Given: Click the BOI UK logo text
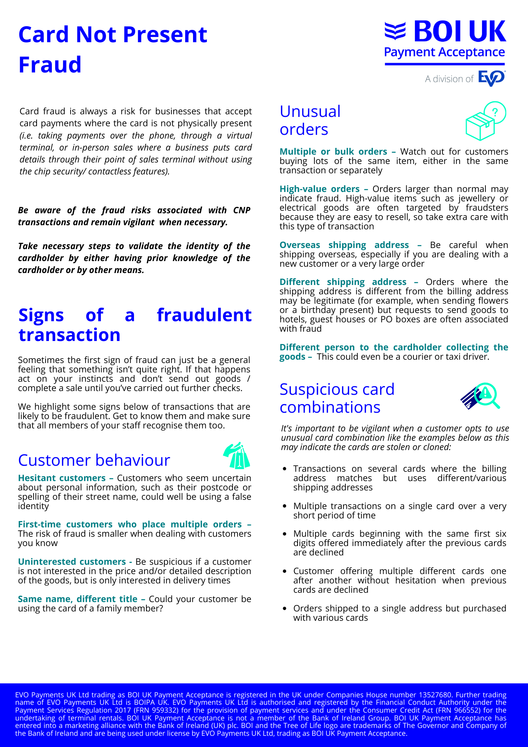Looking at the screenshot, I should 460,32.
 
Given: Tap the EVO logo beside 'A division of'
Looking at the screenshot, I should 492,78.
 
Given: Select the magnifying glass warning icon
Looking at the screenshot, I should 481,396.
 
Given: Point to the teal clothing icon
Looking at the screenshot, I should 237,456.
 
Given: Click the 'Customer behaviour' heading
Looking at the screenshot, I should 94,460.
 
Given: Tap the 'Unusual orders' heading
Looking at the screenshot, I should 310,120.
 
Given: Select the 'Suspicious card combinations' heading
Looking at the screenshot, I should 337,398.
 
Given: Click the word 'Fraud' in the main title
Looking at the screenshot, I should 50,65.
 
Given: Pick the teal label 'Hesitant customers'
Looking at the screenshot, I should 62,478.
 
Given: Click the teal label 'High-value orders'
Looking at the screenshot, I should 320,189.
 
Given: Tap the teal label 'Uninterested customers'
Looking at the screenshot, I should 72,562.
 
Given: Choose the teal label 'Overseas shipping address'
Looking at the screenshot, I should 344,245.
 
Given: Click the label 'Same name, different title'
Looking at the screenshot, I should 78,599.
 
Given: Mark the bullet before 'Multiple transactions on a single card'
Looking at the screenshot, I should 285,506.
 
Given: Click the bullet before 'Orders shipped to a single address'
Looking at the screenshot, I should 285,608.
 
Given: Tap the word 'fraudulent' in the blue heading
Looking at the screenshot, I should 204,315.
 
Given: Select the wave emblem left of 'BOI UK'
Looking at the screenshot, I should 395,31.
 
